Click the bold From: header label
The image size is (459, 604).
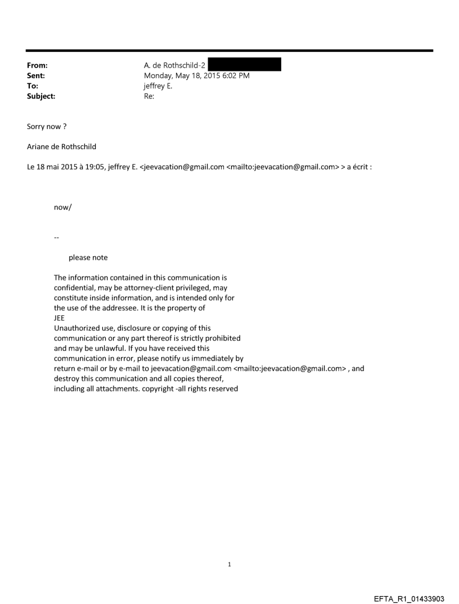pyautogui.click(x=37, y=65)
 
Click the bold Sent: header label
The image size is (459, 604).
pyautogui.click(x=35, y=75)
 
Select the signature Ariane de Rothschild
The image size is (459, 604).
pyautogui.click(x=61, y=147)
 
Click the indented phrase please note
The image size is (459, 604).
pyautogui.click(x=88, y=258)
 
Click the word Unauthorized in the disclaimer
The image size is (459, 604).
pyautogui.click(x=75, y=328)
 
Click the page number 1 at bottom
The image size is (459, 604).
pyautogui.click(x=229, y=564)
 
